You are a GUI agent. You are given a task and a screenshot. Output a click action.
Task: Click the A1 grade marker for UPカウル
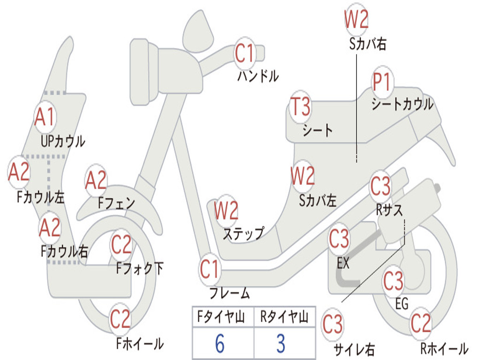tap(45, 117)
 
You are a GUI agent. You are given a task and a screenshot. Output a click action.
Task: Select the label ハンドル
tap(258, 76)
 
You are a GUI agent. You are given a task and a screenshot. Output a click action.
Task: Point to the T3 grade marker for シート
tap(300, 107)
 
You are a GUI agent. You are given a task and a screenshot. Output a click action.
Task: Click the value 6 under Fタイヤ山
tap(219, 344)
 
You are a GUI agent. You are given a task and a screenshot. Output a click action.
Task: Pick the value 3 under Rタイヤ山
tap(280, 344)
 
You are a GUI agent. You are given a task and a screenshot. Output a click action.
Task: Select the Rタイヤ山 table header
tap(284, 318)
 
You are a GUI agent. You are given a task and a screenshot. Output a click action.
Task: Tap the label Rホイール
tap(443, 348)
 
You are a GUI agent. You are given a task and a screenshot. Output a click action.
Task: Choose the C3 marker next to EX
tap(339, 239)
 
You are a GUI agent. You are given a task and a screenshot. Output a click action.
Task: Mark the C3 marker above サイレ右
tap(332, 324)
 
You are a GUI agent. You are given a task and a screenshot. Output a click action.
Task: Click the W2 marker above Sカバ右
tap(356, 20)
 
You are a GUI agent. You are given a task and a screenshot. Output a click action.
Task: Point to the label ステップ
tap(243, 233)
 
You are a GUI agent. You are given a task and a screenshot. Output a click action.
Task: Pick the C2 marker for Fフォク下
tap(121, 244)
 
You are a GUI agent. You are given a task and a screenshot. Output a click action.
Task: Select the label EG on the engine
tap(402, 303)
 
